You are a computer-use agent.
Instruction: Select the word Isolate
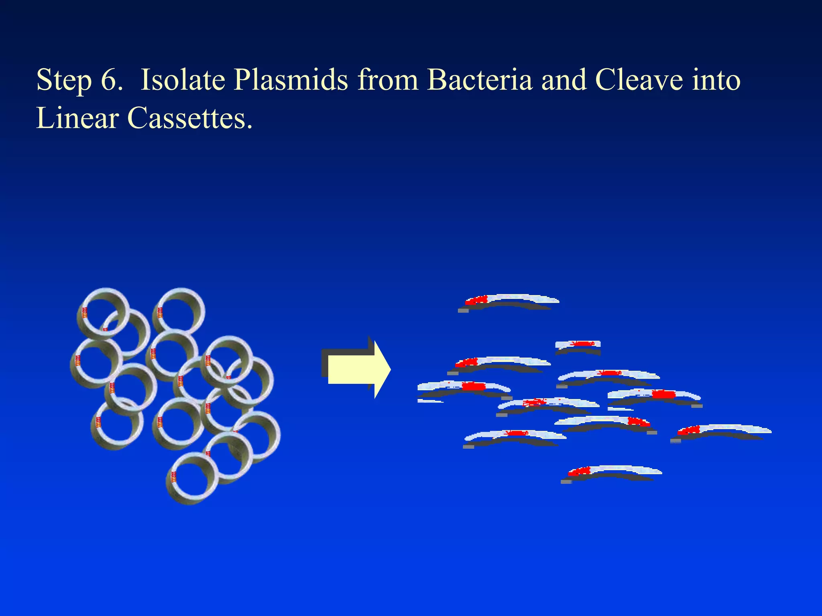pyautogui.click(x=183, y=80)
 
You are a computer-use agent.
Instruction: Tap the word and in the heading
pyautogui.click(x=564, y=80)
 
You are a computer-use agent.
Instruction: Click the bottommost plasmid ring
pyautogui.click(x=192, y=478)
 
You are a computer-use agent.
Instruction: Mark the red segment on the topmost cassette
pyautogui.click(x=476, y=300)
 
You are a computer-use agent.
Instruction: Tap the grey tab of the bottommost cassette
pyautogui.click(x=566, y=482)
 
